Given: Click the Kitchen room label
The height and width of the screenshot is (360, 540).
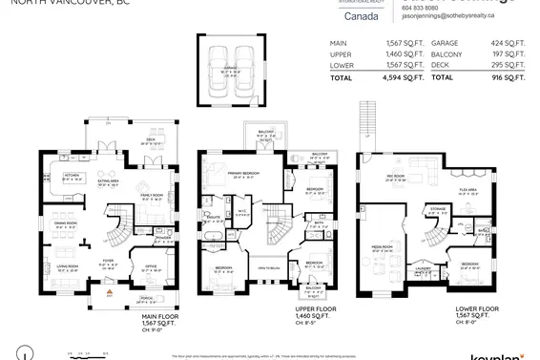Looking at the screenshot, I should [x=72, y=176].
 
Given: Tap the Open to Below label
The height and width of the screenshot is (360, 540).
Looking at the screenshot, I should [x=269, y=268].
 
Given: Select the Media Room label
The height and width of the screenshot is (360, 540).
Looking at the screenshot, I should [x=382, y=250].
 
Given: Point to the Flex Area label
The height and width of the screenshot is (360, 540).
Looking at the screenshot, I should [x=468, y=191].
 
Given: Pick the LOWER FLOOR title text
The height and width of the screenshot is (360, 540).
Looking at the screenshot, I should [x=475, y=308].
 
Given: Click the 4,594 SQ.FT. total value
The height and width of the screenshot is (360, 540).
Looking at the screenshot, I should [x=400, y=76].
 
